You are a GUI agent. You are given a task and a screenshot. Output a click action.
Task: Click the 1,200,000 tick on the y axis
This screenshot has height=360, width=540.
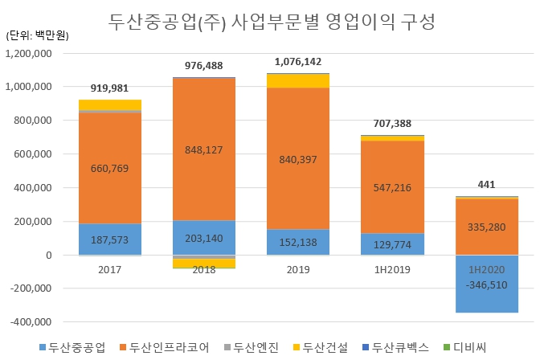coord(29,53)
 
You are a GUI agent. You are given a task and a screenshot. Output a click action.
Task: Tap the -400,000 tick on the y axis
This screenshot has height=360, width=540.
coord(30,322)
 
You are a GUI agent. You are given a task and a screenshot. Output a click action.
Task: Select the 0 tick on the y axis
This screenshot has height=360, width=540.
coord(49,256)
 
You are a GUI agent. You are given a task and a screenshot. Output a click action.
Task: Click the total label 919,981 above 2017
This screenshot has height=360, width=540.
coord(109,88)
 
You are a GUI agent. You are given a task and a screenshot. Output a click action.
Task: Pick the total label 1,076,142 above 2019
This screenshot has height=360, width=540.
coord(298,61)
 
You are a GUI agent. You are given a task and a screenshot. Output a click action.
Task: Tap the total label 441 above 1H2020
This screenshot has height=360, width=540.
coord(488,184)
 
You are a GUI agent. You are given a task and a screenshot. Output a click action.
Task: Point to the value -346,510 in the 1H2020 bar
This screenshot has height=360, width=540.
coord(488,284)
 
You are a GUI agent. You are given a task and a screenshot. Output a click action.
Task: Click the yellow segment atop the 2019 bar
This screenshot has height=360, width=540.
coord(298,80)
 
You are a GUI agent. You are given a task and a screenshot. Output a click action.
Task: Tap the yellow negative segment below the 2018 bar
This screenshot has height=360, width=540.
coord(204,264)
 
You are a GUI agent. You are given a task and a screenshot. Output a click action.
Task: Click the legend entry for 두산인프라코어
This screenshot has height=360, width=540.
coord(170,347)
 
